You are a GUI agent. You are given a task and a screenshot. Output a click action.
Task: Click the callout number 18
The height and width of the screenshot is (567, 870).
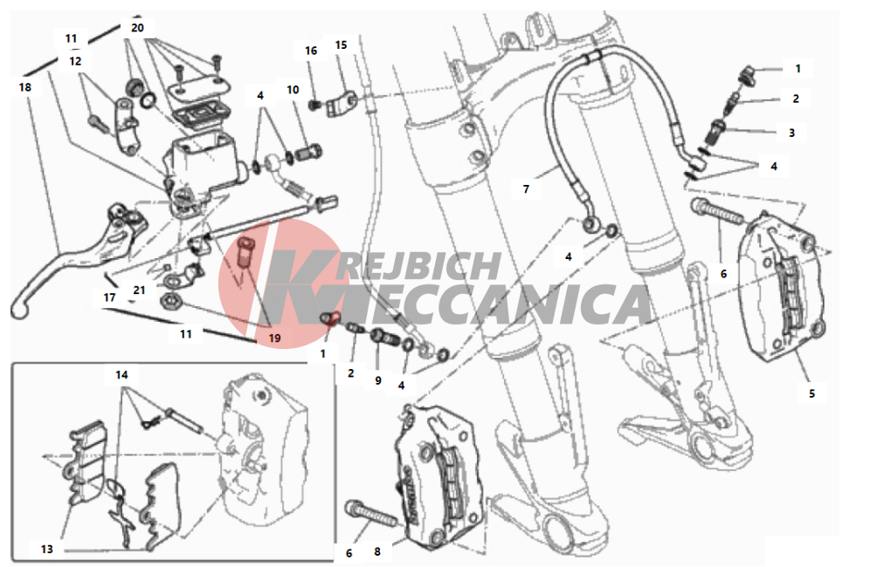[x=25, y=87]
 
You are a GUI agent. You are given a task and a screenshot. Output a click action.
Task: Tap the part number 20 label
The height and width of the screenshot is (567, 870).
[x=137, y=28]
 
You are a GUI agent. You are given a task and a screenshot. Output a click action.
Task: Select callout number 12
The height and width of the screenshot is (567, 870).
[x=75, y=61]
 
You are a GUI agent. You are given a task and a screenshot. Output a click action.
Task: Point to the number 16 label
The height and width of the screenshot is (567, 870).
[x=311, y=51]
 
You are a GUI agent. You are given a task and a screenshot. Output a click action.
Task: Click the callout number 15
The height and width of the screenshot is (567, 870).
[x=341, y=44]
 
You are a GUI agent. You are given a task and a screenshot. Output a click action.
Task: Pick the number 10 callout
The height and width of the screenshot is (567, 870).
[x=293, y=89]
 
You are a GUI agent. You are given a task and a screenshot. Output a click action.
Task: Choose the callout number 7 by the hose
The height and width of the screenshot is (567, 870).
[x=526, y=189]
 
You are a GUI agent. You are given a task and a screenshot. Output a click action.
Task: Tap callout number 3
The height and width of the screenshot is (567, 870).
[x=791, y=133]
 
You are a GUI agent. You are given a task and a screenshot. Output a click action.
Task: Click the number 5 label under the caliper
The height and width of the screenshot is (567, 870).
[x=811, y=393]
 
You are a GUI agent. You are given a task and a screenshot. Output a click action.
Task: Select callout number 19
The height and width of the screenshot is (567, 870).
[x=274, y=338]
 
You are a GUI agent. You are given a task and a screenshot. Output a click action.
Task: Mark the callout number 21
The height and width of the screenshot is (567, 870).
[x=139, y=290]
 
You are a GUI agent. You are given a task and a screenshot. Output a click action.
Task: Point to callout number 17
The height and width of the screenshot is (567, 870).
[x=109, y=297]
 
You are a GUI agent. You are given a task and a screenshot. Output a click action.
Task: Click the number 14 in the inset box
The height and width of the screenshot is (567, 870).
[x=121, y=375]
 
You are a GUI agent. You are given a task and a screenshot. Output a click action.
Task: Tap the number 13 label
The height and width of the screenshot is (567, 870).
[x=46, y=549]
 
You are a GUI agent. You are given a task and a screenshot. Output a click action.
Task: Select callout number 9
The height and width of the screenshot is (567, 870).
[x=378, y=380]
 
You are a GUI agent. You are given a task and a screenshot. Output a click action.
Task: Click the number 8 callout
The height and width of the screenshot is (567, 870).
[x=377, y=551]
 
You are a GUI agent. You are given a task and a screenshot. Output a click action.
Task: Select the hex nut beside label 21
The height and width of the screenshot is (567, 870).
[x=169, y=302]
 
